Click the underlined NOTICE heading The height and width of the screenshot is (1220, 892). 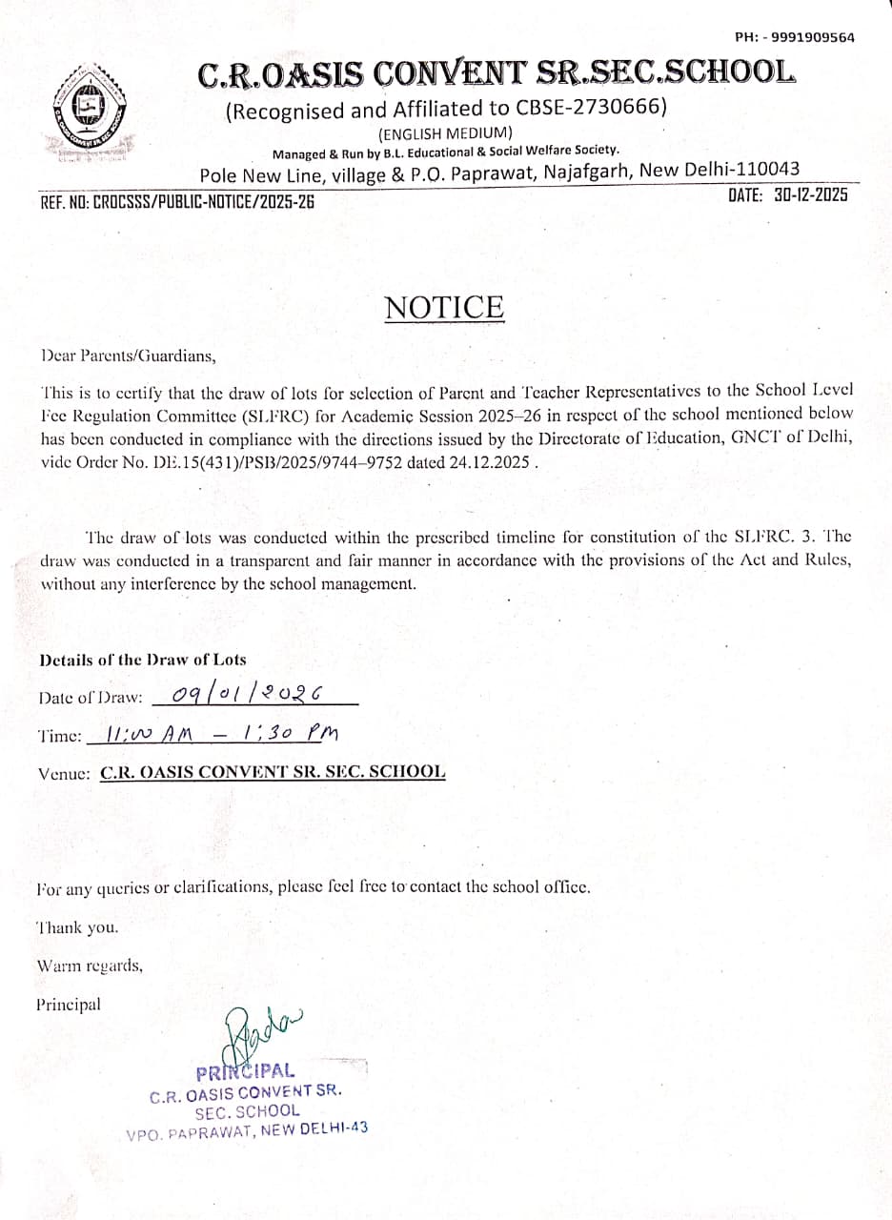tap(444, 308)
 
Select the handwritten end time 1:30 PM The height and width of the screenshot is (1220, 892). tap(291, 733)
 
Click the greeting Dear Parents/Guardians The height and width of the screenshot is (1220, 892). tap(129, 356)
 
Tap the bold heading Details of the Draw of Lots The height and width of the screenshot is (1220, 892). tap(142, 660)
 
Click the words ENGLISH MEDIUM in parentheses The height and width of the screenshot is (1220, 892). tap(446, 132)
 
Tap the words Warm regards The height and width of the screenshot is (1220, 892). tap(90, 966)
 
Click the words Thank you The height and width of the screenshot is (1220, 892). tap(77, 926)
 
